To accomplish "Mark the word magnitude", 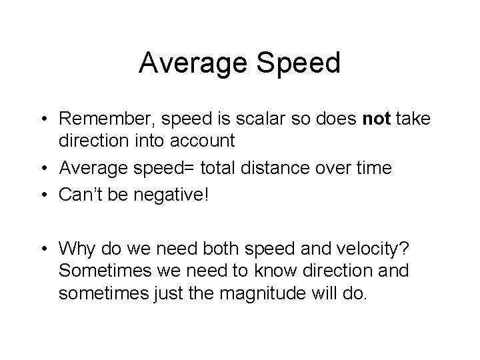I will (x=266, y=291).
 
